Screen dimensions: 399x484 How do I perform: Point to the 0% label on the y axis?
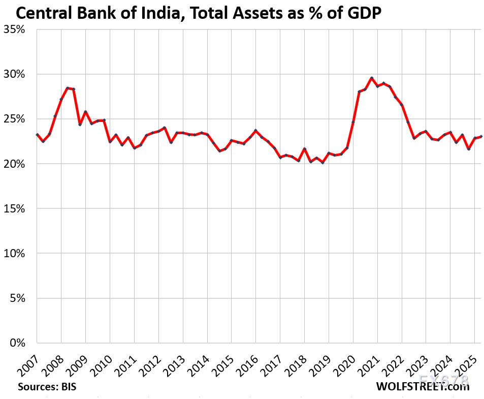tap(19, 343)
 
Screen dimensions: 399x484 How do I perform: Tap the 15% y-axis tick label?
tap(17, 208)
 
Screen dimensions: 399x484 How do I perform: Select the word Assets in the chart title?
tap(250, 11)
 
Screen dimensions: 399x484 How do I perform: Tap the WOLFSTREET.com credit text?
tap(423, 387)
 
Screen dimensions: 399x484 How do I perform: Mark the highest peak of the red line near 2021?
tap(372, 78)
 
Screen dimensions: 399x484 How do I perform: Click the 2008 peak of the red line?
tap(68, 88)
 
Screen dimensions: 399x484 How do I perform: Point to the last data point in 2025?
tap(481, 136)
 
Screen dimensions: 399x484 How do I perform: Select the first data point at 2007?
tap(37, 135)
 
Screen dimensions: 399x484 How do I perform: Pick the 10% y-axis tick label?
tap(17, 253)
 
